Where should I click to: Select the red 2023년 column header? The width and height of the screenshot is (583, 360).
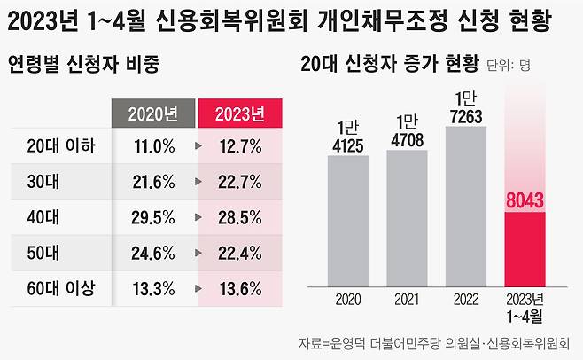click(x=240, y=113)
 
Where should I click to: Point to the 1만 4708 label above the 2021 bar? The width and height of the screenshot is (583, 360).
click(x=407, y=129)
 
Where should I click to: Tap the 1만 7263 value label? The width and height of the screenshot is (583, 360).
click(x=466, y=106)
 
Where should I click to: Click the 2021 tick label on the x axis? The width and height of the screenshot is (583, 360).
click(x=407, y=299)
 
